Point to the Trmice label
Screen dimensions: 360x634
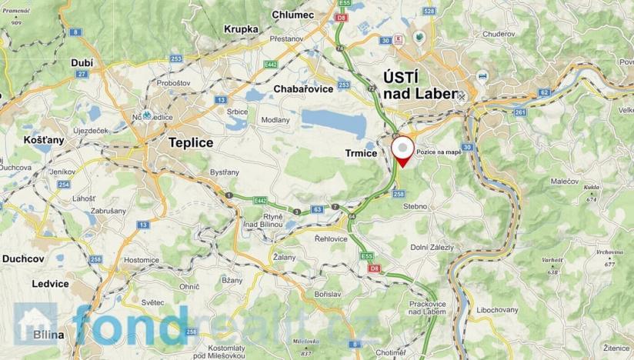(x=359, y=154)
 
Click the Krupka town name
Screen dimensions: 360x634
(x=241, y=29)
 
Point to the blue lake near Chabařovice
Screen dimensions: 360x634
(x=339, y=120)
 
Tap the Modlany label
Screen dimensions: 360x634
(x=275, y=120)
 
